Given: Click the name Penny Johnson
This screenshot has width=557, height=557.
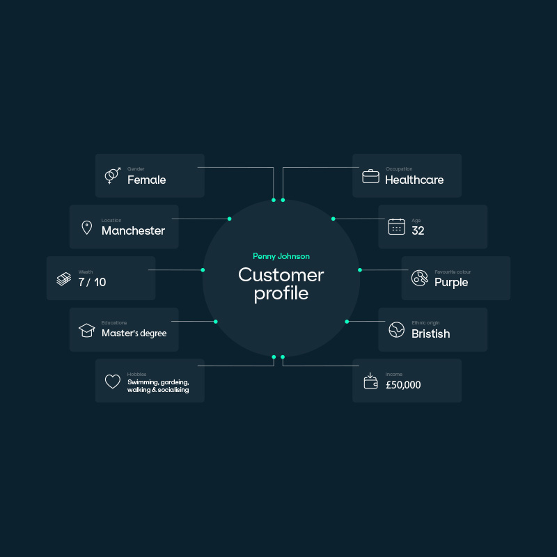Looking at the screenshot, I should [281, 256].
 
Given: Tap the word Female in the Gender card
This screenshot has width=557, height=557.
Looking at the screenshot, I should [146, 180].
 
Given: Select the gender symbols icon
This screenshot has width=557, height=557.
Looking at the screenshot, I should [112, 175].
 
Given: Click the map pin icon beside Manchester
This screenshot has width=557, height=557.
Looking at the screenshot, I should [86, 227].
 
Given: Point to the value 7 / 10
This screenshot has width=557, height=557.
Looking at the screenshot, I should [92, 282].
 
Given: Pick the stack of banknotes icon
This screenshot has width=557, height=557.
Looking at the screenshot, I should [63, 278].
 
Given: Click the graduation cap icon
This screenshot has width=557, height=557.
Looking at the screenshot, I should [86, 330].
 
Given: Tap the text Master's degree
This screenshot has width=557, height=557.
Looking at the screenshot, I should [134, 334].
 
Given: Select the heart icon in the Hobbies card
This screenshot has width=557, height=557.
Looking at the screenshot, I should [112, 382].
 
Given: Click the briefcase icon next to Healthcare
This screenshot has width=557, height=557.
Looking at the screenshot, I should [370, 176].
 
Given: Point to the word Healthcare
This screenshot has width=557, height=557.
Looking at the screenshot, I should [414, 180].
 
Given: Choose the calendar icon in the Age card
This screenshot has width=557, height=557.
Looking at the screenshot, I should [396, 227].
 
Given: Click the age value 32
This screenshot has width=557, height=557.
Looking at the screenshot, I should [418, 231].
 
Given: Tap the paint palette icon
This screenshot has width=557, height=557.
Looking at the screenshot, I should [419, 278].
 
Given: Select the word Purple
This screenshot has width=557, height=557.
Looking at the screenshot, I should [451, 282].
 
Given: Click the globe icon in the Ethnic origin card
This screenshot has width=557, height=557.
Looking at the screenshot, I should [396, 330].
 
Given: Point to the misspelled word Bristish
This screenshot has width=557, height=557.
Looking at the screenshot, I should [430, 334].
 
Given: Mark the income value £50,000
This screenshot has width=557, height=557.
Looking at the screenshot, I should [402, 385].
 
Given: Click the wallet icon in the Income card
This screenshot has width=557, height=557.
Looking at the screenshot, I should [370, 381].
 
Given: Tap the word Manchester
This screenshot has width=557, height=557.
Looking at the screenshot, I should [133, 230].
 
